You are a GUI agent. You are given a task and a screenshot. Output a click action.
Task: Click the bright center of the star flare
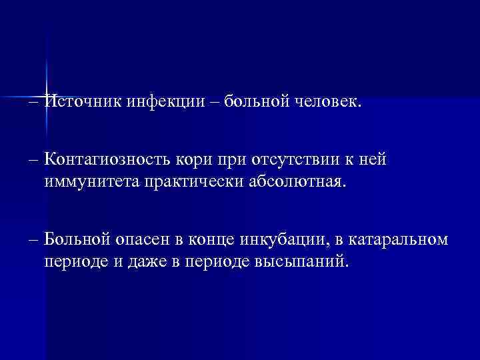(x=47, y=95)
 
